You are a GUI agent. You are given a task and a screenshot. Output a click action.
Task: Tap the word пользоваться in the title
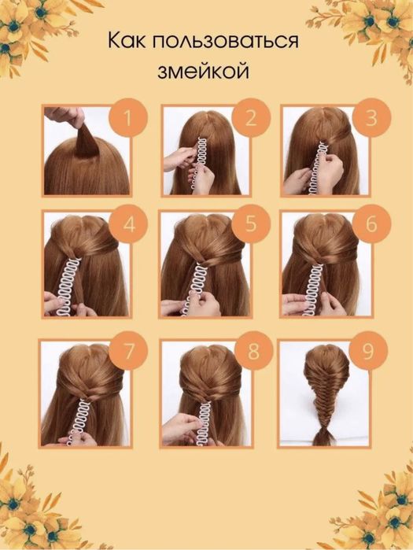coord(226,42)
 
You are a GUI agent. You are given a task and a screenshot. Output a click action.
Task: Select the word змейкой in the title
coord(203,72)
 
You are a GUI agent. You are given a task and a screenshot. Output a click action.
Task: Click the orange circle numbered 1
coord(128,118)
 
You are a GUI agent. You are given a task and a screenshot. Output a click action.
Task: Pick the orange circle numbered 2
coord(251,118)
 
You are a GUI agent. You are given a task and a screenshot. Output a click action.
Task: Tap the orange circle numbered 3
coord(371,118)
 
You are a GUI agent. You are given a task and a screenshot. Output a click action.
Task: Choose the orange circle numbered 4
coord(128,224)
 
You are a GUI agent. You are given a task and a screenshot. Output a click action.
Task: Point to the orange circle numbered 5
coord(251,223)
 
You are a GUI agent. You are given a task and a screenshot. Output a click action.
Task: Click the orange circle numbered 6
coord(371,223)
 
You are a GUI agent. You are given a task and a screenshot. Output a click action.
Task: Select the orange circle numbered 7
coord(128,351)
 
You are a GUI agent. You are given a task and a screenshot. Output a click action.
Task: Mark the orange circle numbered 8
coord(253,351)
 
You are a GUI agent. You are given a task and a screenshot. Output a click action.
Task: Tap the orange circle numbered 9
coord(368,351)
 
